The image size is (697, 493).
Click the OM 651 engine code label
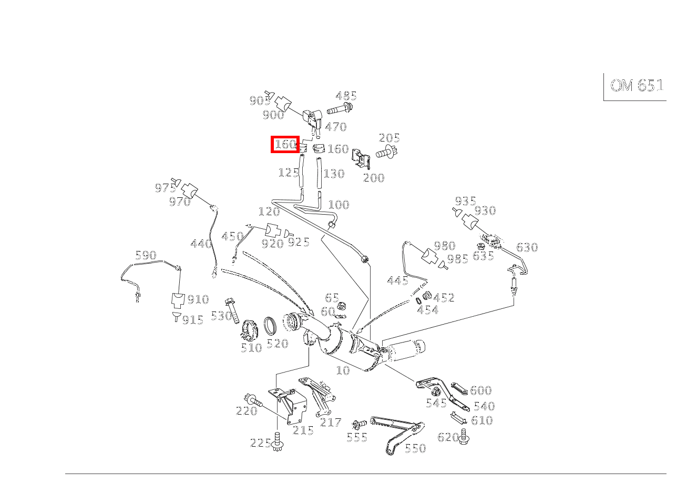point(637,85)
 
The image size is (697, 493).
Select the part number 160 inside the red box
point(285,144)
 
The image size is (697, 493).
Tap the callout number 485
point(346,96)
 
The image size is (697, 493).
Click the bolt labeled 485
point(340,109)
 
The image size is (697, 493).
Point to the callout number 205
point(389,138)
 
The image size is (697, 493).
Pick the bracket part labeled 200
point(361,159)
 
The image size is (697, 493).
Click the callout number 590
point(146,255)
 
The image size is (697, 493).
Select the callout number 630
point(527,247)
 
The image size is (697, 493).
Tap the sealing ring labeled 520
point(270,326)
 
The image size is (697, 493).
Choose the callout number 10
point(343,370)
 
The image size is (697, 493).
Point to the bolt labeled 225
point(277,441)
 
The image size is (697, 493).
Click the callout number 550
point(415,448)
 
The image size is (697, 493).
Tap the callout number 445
point(397,280)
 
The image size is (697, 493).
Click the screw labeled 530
point(232,311)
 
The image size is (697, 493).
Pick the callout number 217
point(331,422)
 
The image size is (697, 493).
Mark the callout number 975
point(165,188)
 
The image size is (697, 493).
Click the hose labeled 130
point(319,173)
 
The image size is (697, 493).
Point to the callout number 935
point(465,201)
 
